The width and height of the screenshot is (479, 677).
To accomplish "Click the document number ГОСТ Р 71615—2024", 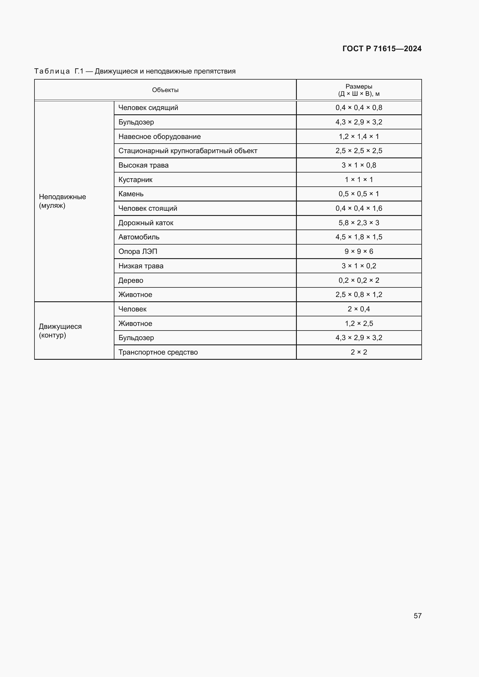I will (x=382, y=49).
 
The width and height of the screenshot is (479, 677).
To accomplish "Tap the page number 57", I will (x=417, y=616).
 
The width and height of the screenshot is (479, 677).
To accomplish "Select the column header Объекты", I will (x=165, y=90).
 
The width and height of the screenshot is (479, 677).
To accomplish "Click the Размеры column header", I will (x=359, y=90).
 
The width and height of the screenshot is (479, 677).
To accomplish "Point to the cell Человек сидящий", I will (x=148, y=108).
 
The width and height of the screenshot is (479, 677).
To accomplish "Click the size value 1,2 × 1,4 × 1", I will (x=359, y=137).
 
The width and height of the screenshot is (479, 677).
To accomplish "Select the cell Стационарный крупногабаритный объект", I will (x=188, y=151).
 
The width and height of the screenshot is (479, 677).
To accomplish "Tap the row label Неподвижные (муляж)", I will (x=62, y=201).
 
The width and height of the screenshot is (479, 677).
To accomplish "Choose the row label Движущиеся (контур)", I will (x=60, y=331).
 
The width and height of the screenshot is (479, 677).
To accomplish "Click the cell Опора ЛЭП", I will (x=138, y=252).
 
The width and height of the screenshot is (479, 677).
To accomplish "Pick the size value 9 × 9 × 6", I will (x=359, y=252).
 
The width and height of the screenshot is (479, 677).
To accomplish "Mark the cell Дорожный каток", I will (x=146, y=223).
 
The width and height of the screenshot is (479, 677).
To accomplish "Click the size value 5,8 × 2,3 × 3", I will (x=359, y=223).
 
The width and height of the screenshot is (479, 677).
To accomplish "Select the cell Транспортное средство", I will (x=158, y=352).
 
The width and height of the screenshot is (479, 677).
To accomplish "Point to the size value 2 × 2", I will (x=359, y=352).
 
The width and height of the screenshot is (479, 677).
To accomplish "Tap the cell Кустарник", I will (x=135, y=179).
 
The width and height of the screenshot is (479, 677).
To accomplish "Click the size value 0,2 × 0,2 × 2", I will (x=359, y=280).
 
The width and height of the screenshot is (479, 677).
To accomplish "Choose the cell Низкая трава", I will (x=141, y=266).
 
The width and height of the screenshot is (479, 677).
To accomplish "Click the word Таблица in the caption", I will (x=52, y=71).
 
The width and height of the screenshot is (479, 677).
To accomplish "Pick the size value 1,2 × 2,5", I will (x=359, y=324).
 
